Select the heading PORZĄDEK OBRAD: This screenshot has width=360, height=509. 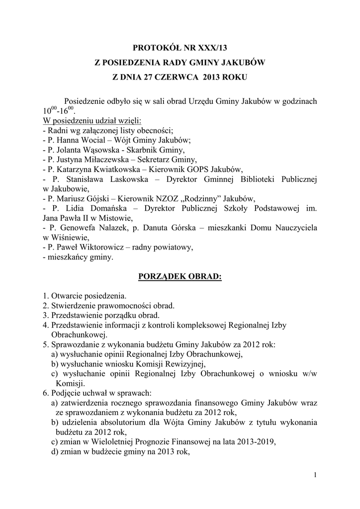tap(180, 276)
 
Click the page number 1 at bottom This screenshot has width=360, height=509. tap(315, 476)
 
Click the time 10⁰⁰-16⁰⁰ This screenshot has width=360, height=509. tap(59, 110)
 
